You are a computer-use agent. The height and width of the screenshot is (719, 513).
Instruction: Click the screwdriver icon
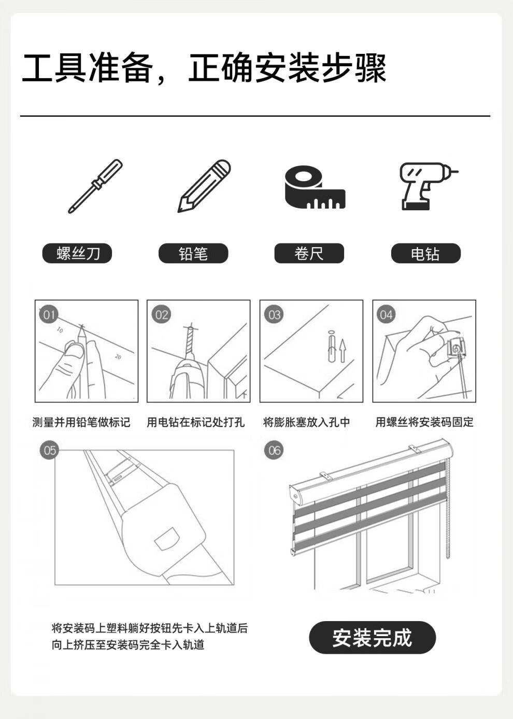click(x=95, y=186)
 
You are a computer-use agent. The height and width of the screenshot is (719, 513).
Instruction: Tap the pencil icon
click(x=204, y=186)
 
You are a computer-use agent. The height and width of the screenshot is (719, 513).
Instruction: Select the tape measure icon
click(x=315, y=187)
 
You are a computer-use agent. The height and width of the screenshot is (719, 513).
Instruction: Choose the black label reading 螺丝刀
click(x=77, y=253)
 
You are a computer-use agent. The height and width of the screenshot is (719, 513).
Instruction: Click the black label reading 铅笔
click(x=193, y=253)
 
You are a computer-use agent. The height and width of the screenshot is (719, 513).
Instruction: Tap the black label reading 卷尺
click(x=309, y=253)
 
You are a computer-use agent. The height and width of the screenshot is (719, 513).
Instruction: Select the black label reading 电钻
click(x=425, y=253)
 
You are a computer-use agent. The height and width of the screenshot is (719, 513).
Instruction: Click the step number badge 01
click(x=49, y=314)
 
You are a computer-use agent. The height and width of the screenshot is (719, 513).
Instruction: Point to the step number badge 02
click(x=162, y=314)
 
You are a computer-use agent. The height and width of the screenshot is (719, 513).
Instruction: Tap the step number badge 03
click(x=274, y=314)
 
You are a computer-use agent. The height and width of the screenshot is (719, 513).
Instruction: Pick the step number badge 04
click(x=386, y=314)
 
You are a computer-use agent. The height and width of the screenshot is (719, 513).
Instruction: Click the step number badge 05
click(x=49, y=450)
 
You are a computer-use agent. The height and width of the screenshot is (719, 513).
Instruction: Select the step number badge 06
click(x=274, y=450)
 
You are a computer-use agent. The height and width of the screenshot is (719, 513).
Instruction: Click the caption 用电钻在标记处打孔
click(x=195, y=422)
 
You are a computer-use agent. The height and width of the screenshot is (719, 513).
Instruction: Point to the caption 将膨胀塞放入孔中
click(x=306, y=422)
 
